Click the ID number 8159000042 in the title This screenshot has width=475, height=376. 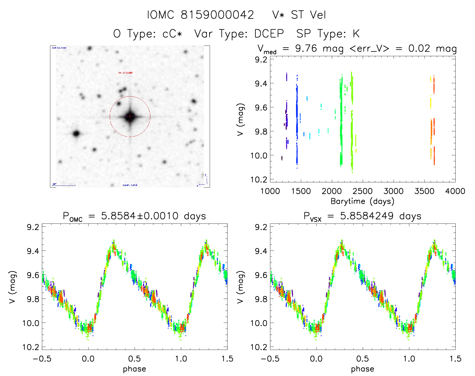pos(217,15)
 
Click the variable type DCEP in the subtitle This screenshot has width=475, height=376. pos(269,34)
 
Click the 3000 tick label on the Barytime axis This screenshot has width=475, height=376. pos(393,191)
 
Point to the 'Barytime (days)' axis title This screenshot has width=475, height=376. pos(362,201)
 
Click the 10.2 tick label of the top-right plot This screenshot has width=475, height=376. pos(259,179)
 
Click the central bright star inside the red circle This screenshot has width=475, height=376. pos(130,117)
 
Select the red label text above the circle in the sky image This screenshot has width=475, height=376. pos(125,73)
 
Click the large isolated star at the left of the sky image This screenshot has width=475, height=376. pos(76,133)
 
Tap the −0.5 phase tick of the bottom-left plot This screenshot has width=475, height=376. pos(42,359)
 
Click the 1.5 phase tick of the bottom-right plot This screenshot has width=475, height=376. pos(455,359)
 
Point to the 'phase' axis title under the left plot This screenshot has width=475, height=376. pos(134,369)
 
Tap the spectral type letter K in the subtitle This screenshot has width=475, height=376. pos(356,34)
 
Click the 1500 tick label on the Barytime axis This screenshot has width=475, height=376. pos(301,191)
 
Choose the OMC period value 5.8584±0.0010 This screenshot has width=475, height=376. pos(140,216)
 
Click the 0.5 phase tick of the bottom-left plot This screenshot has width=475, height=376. pos(134,359)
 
